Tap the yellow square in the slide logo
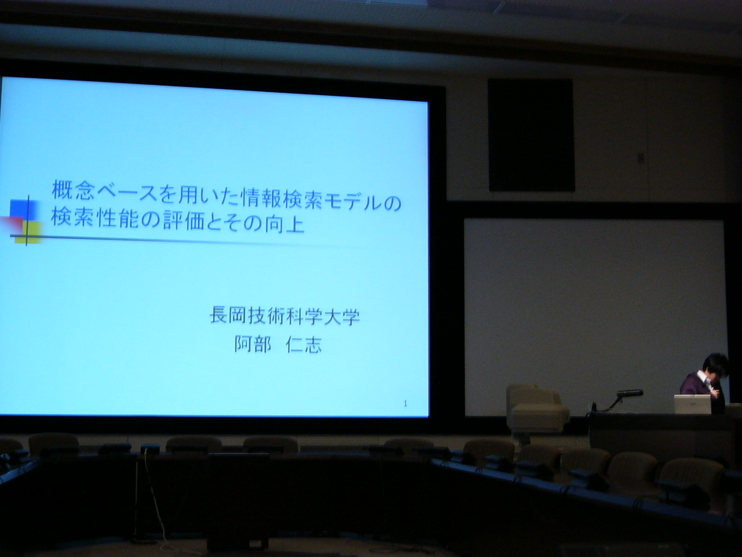pyautogui.click(x=29, y=233)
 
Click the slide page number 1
pyautogui.click(x=405, y=403)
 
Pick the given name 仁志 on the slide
pyautogui.click(x=304, y=345)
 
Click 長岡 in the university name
pyautogui.click(x=228, y=315)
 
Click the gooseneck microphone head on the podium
pyautogui.click(x=630, y=393)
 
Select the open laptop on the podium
pyautogui.click(x=693, y=404)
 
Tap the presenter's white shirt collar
pyautogui.click(x=703, y=379)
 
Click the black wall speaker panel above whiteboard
pyautogui.click(x=531, y=135)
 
